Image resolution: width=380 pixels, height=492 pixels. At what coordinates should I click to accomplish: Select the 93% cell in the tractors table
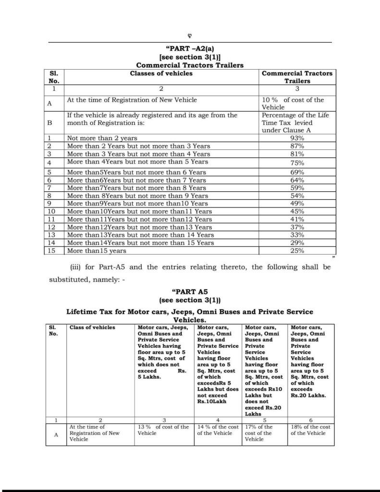tap(297, 138)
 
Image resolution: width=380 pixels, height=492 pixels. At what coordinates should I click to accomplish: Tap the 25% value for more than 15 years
tap(297, 250)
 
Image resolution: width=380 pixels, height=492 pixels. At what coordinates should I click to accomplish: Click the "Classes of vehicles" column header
tap(161, 74)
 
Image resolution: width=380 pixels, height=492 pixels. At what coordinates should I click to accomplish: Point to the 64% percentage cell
tap(297, 180)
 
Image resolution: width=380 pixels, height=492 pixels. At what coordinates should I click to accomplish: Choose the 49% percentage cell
tap(297, 203)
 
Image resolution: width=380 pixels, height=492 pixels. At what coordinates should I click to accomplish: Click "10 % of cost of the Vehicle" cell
tap(293, 103)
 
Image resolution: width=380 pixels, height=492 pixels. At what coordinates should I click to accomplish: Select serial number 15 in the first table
tap(52, 250)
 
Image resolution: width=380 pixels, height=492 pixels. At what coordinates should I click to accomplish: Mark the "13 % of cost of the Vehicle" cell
tap(163, 430)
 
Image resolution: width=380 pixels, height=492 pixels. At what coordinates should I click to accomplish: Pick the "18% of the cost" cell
tap(310, 430)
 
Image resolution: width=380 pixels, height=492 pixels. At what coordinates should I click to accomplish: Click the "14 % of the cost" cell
tap(218, 430)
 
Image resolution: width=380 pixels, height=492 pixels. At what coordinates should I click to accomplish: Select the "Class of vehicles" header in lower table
tap(92, 327)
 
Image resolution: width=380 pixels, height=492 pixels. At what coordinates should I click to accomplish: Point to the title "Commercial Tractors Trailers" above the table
tap(189, 65)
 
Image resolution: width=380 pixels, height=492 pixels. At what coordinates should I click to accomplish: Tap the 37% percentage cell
tap(297, 227)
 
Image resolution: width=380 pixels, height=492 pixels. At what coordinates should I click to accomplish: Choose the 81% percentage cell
tap(297, 154)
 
